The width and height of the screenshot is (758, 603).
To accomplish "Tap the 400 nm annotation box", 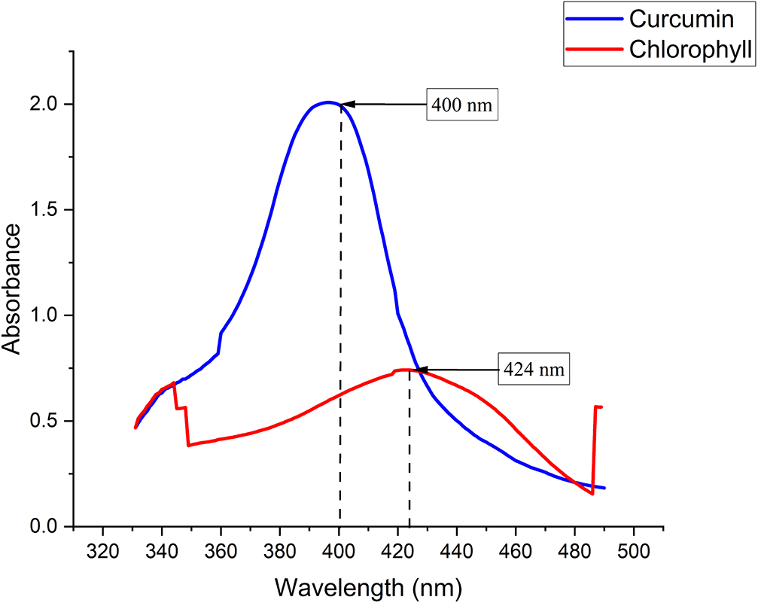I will point(462,105).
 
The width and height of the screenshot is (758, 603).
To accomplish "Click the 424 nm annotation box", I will point(533,370).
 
